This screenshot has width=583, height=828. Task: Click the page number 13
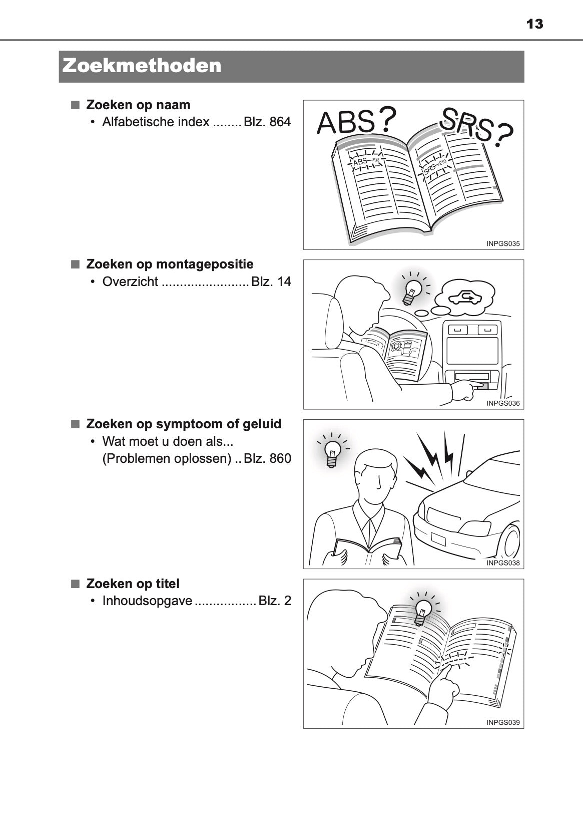(534, 24)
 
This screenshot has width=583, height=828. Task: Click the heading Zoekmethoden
(142, 66)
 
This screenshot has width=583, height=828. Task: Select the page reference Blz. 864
(267, 122)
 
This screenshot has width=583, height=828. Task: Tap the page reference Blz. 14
(271, 282)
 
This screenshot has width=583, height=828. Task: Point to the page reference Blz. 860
(267, 458)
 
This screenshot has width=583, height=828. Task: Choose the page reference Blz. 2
(275, 601)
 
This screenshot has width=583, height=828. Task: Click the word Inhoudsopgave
(147, 601)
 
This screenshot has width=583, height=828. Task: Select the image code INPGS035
(503, 244)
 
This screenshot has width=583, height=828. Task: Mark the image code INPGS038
(503, 563)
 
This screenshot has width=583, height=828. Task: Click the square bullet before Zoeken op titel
(75, 584)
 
